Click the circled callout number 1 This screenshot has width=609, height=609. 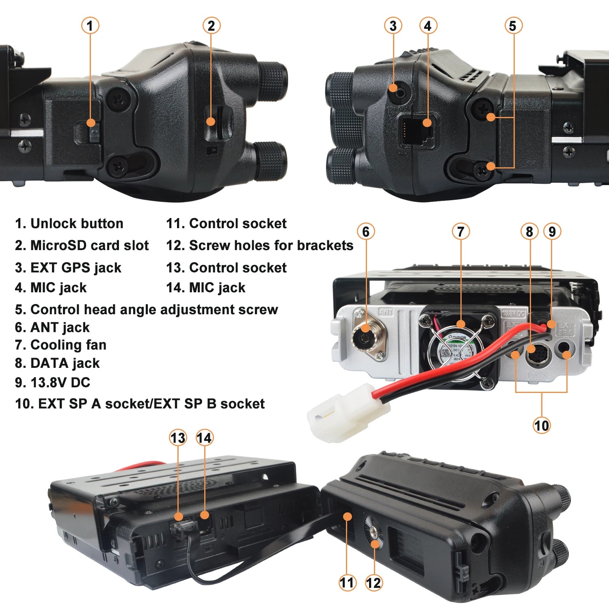coord(90,26)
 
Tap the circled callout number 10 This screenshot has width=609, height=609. coord(541,425)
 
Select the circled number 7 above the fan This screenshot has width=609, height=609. coord(461,232)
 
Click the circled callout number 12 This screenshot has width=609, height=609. coord(374,583)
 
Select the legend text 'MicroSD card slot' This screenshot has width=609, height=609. coord(89,246)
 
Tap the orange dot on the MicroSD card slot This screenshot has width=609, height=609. coord(210,121)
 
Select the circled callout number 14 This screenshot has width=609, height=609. coord(204,438)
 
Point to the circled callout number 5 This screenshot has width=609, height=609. coord(513,26)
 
